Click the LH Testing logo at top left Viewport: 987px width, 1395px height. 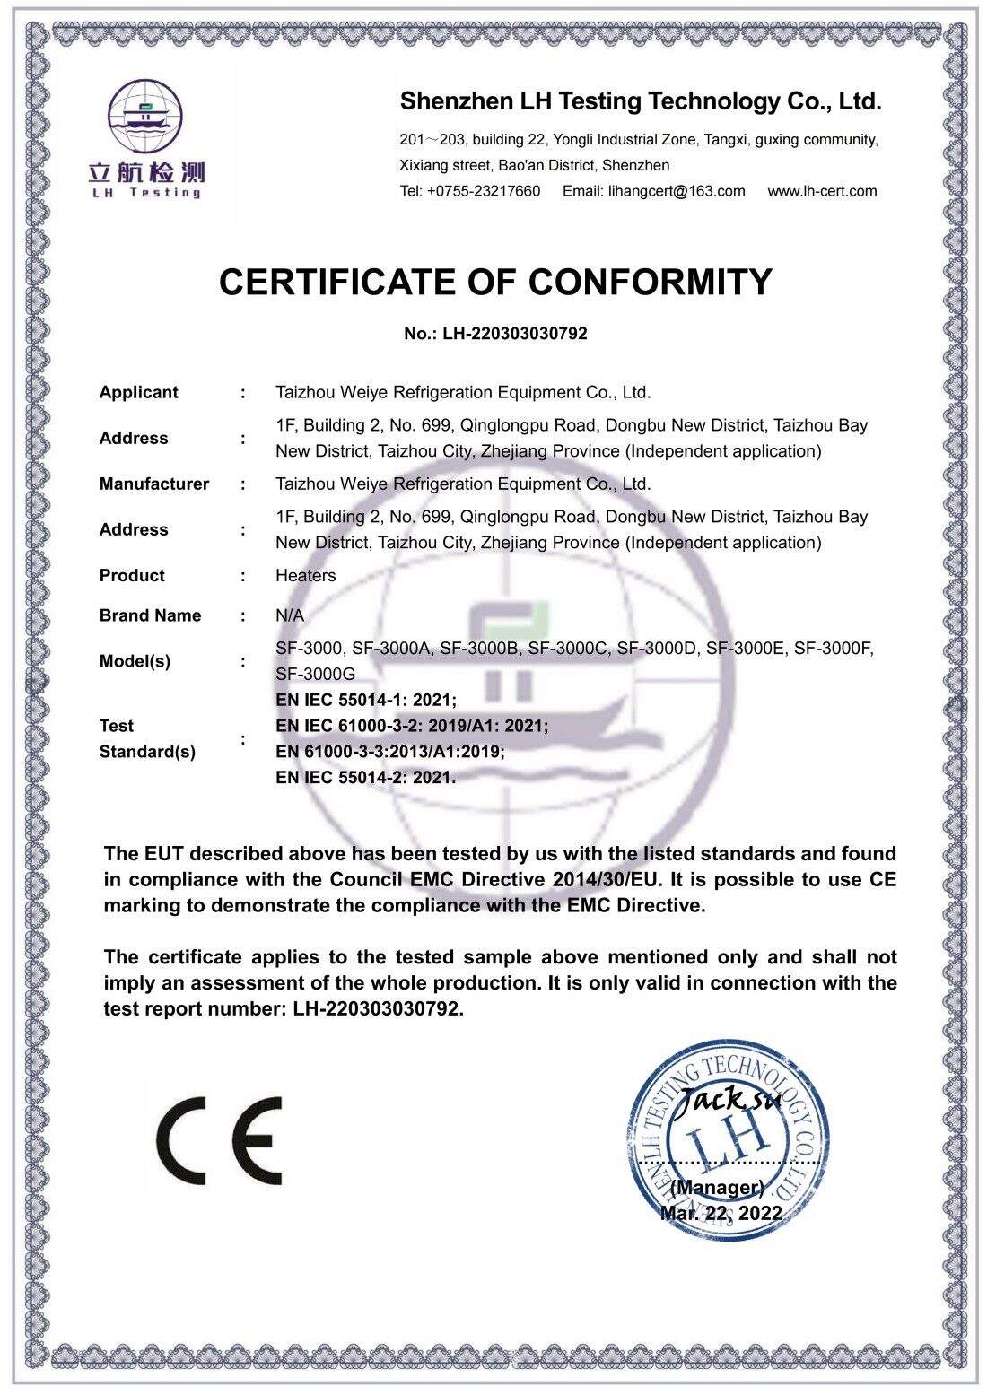[x=146, y=139]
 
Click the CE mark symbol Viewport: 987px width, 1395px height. [x=219, y=1140]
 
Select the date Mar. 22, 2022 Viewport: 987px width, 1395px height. [x=721, y=1214]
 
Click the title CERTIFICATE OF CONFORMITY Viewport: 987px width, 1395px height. [x=495, y=282]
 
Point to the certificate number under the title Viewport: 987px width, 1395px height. [x=495, y=334]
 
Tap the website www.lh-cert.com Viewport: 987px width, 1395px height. [x=822, y=191]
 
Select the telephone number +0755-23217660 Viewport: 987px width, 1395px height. [x=484, y=191]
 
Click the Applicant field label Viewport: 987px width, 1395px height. [x=138, y=392]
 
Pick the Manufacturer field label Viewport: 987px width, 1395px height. [x=153, y=484]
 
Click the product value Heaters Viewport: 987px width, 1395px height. [x=305, y=576]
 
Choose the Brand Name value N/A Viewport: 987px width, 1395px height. [x=289, y=616]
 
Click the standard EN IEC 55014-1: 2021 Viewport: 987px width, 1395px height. [x=365, y=700]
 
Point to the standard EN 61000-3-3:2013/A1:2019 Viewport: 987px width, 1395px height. [x=389, y=752]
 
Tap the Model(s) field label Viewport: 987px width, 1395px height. [x=135, y=661]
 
